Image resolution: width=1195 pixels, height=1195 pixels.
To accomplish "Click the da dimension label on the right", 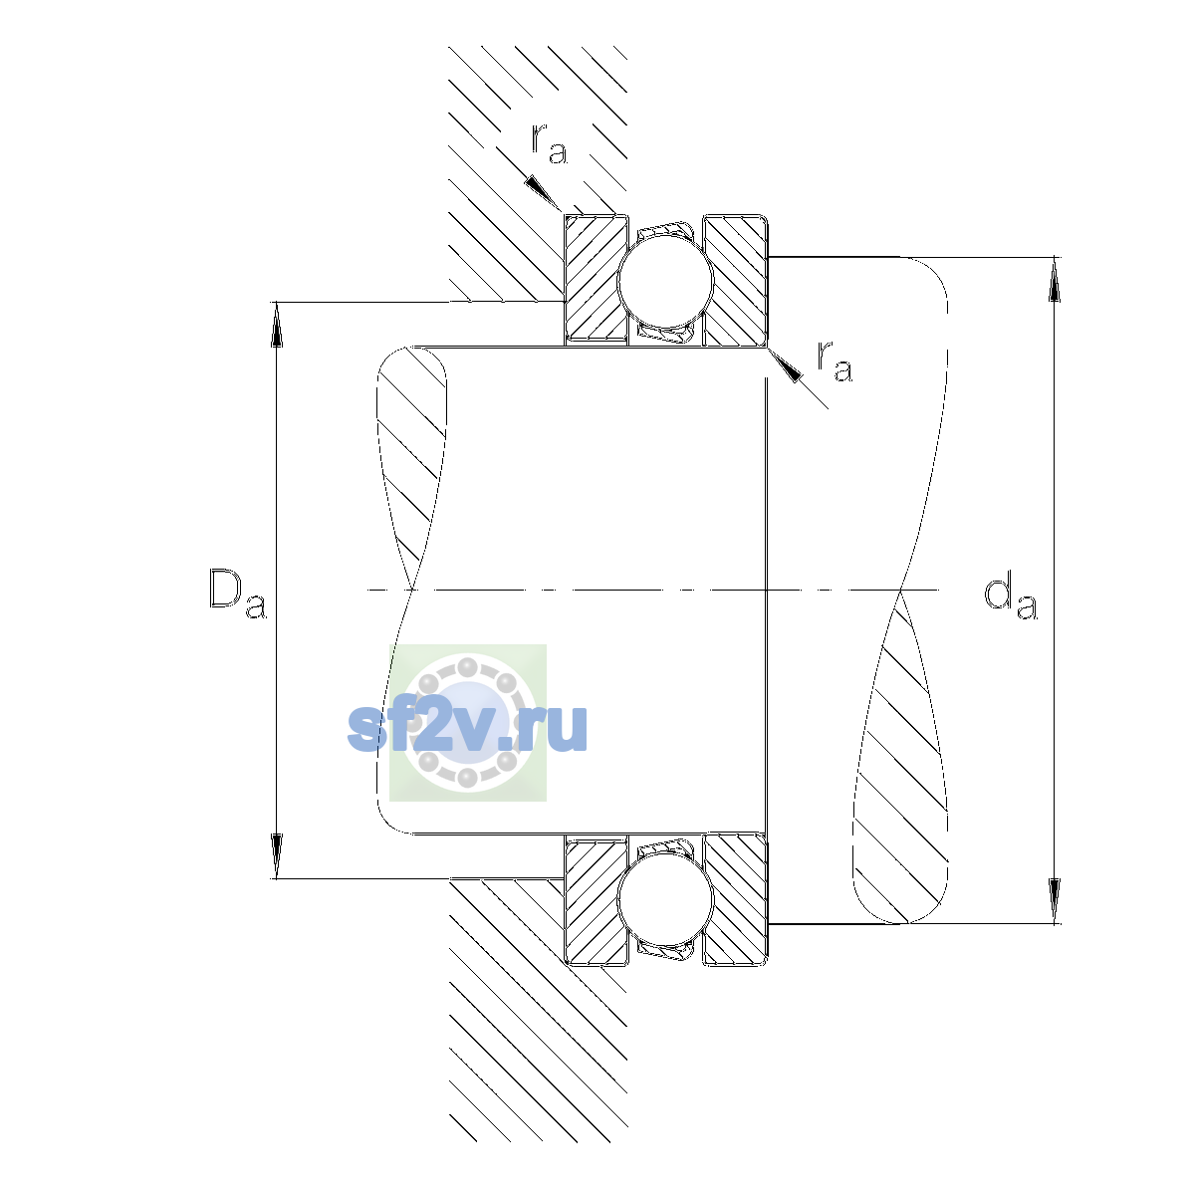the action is [x=1010, y=598].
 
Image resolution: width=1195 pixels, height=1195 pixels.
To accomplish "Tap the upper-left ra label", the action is [x=549, y=143].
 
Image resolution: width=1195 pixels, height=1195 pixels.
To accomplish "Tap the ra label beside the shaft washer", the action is [x=835, y=360].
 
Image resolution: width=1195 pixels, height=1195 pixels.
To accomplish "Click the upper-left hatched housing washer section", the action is [x=596, y=280].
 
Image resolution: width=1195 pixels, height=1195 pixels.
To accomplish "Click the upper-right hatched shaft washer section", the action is [x=735, y=280].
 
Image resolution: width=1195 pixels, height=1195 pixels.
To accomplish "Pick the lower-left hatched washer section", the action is [x=596, y=900].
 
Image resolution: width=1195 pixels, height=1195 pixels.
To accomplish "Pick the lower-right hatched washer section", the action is [x=735, y=900].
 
